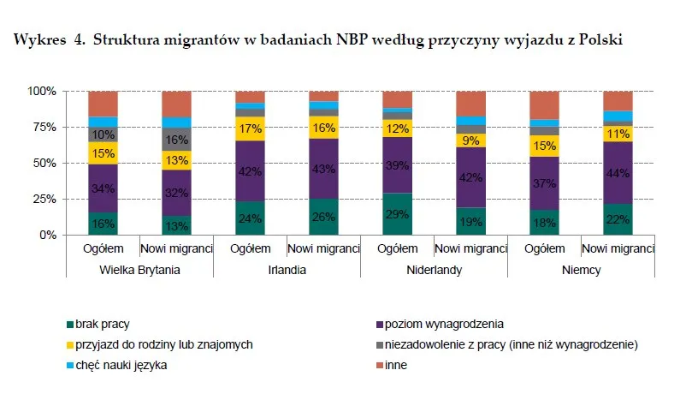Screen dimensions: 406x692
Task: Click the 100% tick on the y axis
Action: [42, 91]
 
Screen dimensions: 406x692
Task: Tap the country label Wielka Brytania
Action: [139, 269]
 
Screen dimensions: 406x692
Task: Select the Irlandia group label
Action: [287, 269]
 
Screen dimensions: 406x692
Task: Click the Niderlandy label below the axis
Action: [434, 269]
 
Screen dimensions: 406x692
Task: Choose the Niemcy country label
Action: [582, 269]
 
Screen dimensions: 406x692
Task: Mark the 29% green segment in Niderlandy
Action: [397, 213]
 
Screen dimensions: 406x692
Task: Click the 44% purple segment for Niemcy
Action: [618, 172]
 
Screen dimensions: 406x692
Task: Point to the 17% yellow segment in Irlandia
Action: [250, 129]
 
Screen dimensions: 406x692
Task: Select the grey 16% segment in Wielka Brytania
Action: [176, 140]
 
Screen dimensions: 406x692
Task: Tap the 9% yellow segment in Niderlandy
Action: [471, 140]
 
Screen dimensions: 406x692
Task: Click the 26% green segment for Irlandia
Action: [323, 217]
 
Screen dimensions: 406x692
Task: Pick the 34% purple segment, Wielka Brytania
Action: [103, 188]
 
